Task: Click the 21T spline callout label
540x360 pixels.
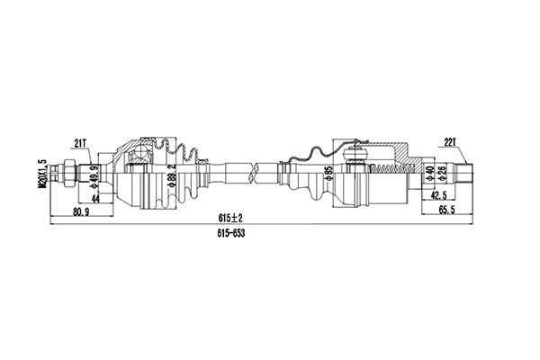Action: (81, 142)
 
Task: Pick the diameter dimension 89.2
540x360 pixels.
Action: (172, 171)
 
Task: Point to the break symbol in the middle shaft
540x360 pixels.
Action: (259, 166)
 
